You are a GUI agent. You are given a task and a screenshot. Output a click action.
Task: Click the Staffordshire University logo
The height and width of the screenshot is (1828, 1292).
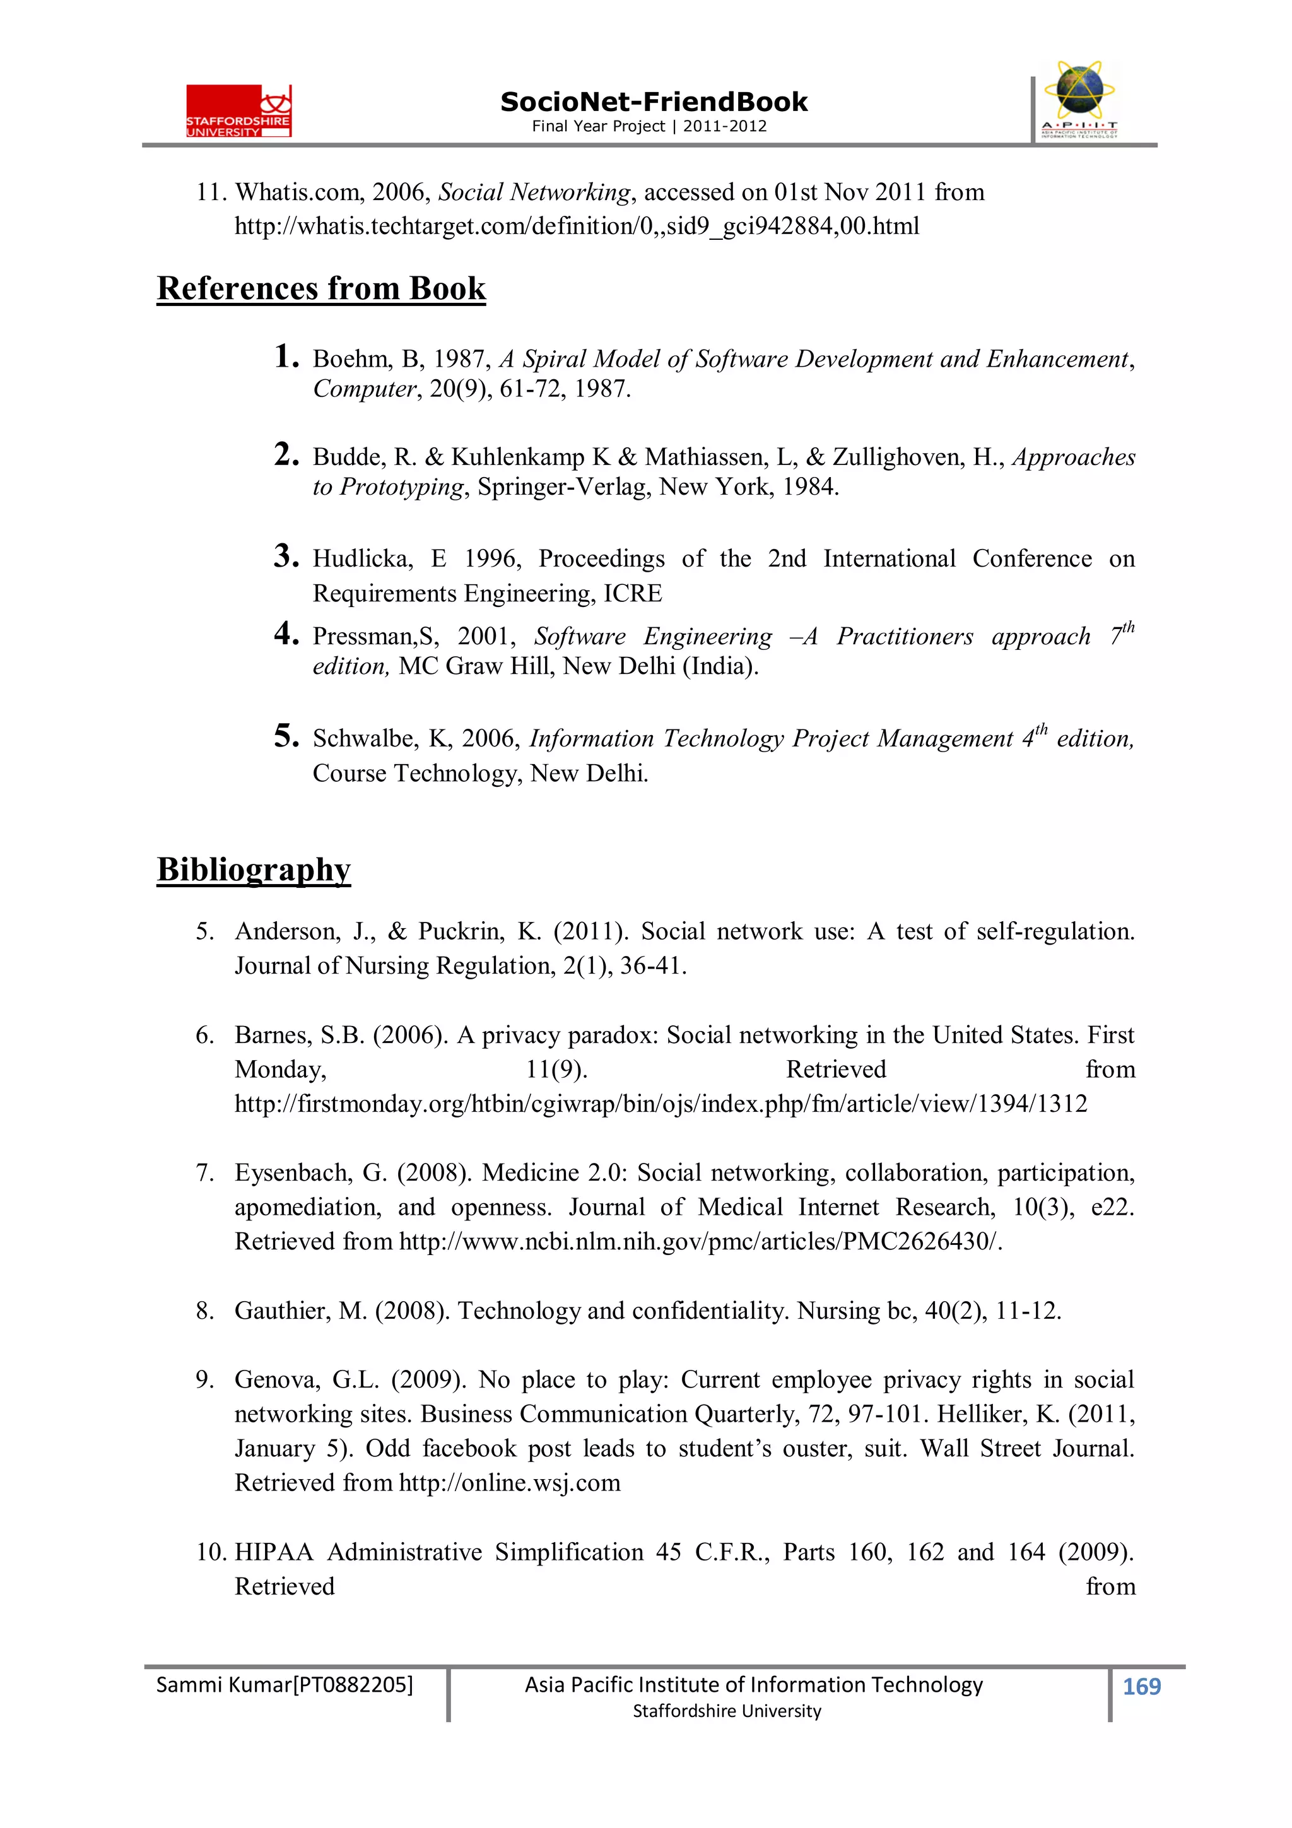click(239, 110)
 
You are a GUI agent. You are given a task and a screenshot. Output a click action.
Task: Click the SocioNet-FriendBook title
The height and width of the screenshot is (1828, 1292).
click(653, 102)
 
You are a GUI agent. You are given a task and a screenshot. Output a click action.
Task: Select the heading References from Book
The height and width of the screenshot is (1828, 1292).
click(321, 288)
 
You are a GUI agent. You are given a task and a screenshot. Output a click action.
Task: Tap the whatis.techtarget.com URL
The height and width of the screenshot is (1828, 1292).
click(577, 226)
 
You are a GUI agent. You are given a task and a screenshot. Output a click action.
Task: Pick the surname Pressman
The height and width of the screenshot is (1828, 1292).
click(365, 636)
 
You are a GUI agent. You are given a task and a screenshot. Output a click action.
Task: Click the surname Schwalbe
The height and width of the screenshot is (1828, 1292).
click(364, 739)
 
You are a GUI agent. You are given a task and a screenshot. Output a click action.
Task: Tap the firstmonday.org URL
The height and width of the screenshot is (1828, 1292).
click(661, 1104)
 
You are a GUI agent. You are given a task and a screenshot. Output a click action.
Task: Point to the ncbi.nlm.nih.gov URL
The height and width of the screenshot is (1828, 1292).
click(699, 1241)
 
